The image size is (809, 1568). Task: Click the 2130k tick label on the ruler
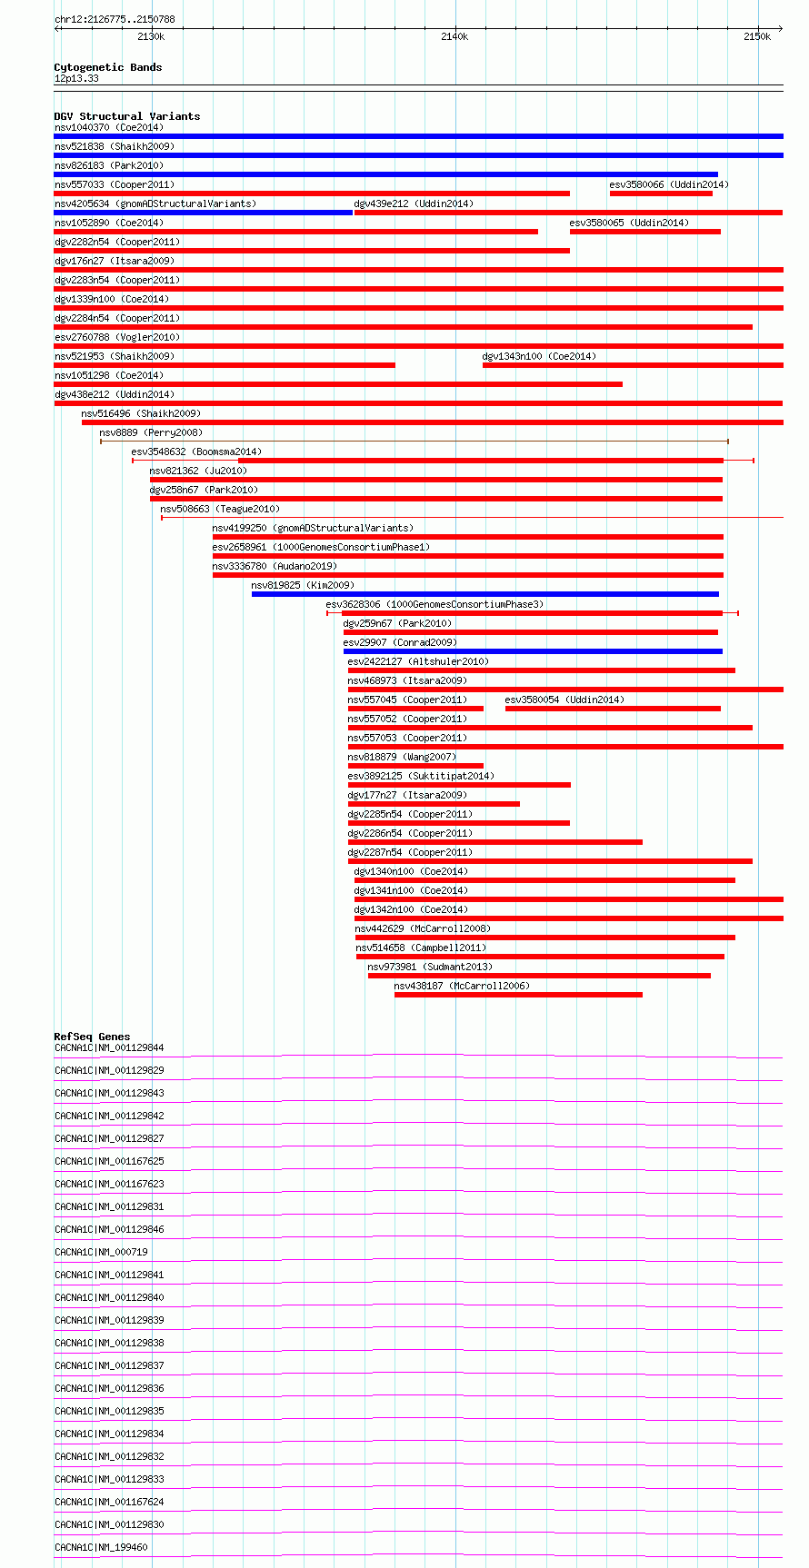(x=151, y=36)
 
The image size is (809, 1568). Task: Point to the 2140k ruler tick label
(x=454, y=36)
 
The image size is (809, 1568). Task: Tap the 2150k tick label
(x=757, y=36)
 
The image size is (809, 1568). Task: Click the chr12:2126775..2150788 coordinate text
(x=115, y=19)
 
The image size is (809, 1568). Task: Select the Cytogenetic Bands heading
(x=108, y=67)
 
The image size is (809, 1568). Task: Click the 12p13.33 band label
(x=76, y=79)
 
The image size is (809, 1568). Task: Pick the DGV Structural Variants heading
(x=127, y=116)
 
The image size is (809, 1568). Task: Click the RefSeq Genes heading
(x=92, y=1037)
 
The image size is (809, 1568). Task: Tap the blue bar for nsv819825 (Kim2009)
(x=485, y=594)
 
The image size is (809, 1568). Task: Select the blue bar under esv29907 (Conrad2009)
(x=533, y=651)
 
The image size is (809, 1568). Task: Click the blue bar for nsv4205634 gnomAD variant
(x=203, y=213)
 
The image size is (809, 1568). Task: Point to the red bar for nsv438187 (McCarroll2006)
(x=518, y=995)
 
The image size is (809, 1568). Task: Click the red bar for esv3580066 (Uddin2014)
(x=661, y=194)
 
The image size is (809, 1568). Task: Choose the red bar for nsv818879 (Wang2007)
(x=415, y=766)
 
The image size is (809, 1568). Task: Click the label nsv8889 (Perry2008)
(x=151, y=432)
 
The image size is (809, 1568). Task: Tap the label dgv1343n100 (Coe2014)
(x=539, y=356)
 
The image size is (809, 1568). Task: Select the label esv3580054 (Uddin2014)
(x=564, y=700)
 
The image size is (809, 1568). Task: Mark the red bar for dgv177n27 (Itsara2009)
(x=434, y=804)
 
